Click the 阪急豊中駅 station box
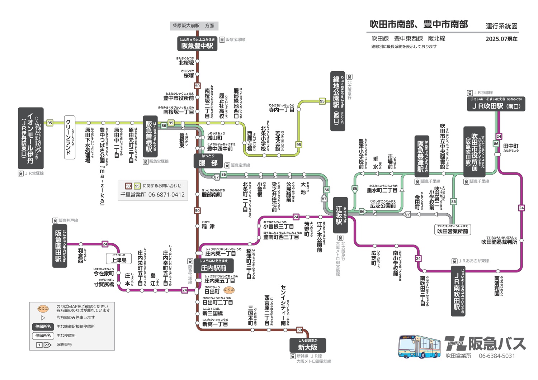coord(197,44)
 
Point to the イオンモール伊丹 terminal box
coord(31,138)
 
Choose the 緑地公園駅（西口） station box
coord(338,101)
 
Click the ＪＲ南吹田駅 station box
coord(458,291)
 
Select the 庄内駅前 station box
coord(214,266)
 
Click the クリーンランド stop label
coord(69,137)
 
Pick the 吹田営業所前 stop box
coord(453,229)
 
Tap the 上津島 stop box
coord(119,258)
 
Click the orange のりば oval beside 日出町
coord(229,290)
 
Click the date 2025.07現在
coord(501,39)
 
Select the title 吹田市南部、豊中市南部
coord(419,24)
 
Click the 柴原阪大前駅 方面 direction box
coord(194,26)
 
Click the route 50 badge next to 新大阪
coord(299,330)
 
